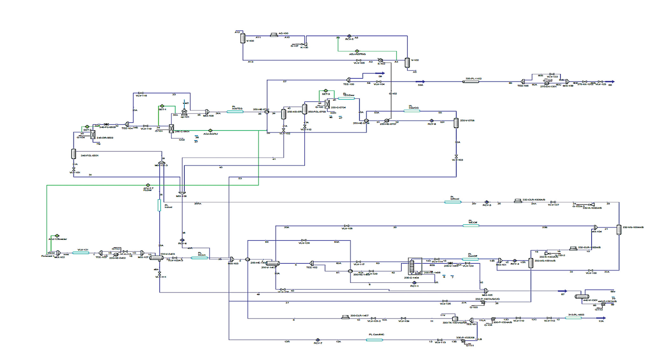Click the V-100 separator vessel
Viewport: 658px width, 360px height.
coord(243,38)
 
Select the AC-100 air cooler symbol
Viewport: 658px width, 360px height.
coord(274,34)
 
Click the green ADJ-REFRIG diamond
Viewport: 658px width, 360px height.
coord(357,51)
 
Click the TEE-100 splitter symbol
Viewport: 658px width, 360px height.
coord(348,78)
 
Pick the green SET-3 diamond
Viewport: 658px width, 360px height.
coord(325,90)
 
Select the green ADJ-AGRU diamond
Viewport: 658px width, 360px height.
coord(210,130)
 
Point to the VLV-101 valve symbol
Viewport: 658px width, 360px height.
coord(74,169)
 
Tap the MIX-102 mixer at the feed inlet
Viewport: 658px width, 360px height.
coord(58,252)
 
